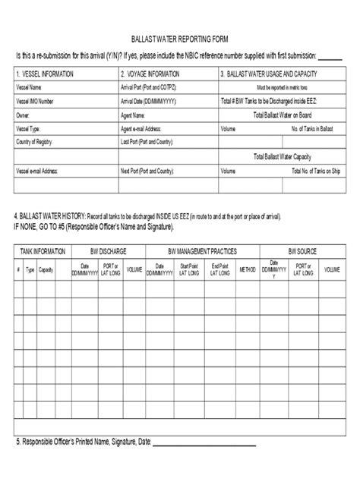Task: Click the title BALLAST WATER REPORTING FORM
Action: coord(180,39)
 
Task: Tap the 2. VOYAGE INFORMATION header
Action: coord(150,74)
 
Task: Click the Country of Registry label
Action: coord(37,142)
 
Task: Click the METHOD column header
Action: coord(248,269)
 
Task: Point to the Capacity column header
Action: coord(46,269)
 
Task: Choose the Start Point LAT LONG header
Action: coord(190,269)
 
